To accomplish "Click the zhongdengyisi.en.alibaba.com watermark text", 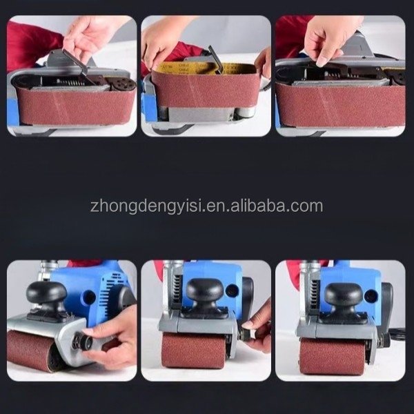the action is click(206, 206).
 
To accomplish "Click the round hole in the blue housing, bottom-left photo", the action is click(90, 297).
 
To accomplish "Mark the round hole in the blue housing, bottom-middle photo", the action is click(232, 290).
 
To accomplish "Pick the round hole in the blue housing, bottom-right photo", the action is click(370, 296).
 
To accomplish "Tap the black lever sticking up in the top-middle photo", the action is click(216, 59).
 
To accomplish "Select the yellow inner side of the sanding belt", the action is click(204, 68).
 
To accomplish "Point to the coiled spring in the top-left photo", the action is click(70, 82).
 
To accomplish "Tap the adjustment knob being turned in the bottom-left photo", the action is click(82, 342).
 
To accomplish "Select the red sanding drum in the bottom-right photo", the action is click(332, 356).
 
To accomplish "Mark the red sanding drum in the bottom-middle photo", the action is click(194, 350).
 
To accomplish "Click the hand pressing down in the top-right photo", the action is click(330, 39).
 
